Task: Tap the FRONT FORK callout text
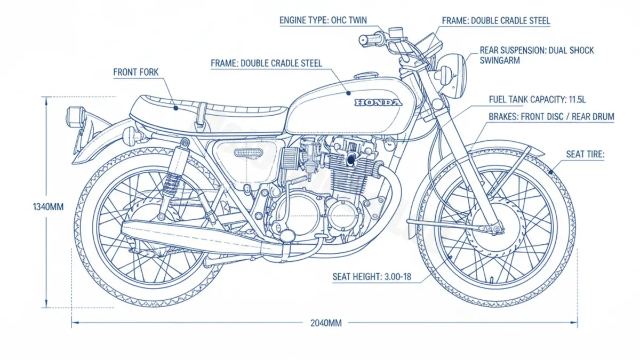[135, 72]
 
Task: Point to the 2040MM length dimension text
[325, 323]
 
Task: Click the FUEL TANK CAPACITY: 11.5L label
[537, 100]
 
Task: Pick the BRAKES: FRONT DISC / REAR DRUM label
[551, 116]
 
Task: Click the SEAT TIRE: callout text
[585, 155]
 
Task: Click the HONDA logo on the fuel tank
[378, 102]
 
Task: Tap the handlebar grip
[368, 39]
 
